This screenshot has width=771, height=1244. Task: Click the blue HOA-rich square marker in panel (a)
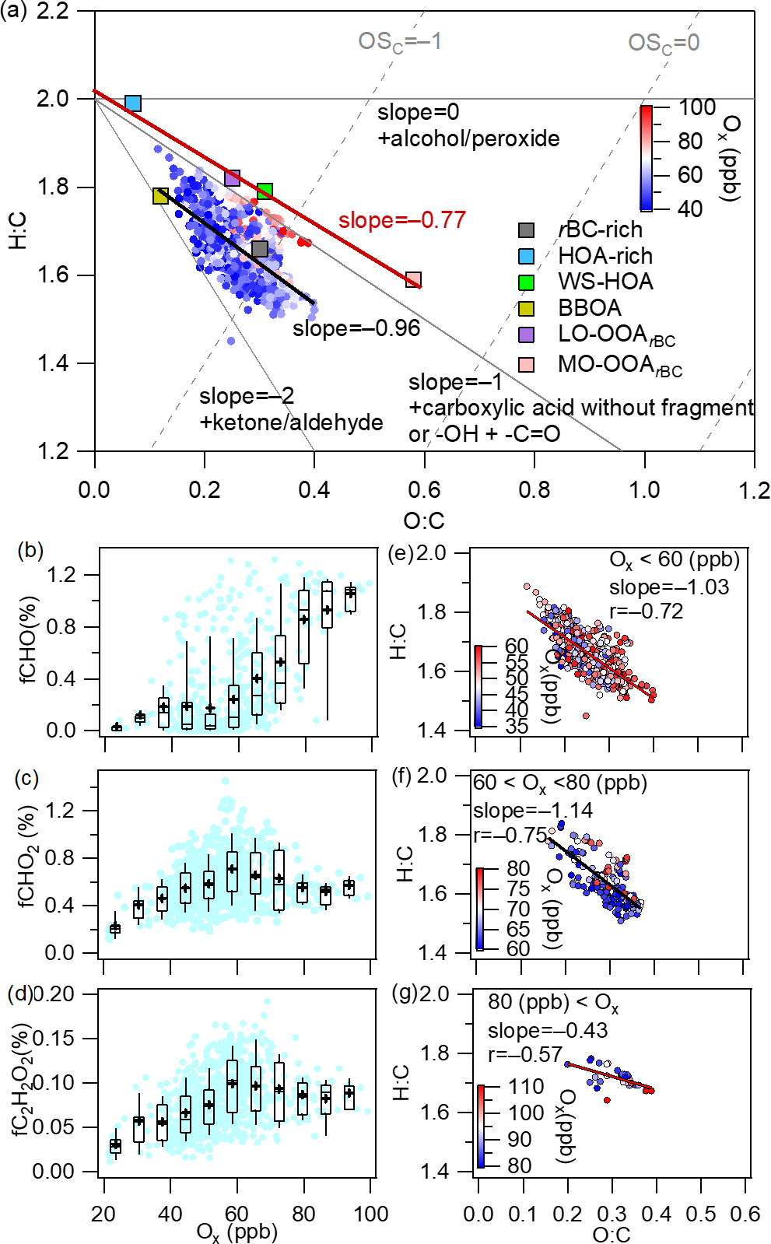tap(133, 103)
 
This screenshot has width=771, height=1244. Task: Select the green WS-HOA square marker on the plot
tap(265, 191)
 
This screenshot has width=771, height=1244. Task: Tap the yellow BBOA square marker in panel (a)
tap(160, 195)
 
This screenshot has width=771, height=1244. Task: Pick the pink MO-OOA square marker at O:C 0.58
tap(413, 279)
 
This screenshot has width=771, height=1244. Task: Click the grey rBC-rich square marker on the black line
tap(260, 249)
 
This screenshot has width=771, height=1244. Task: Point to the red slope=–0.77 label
tap(401, 220)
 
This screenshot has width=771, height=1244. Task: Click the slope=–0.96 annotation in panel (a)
tap(356, 328)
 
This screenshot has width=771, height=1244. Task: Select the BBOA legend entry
tap(589, 308)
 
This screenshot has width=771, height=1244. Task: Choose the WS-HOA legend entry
tap(605, 282)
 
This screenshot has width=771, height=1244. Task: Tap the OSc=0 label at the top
tap(664, 43)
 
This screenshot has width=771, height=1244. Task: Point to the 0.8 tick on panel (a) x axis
tap(534, 490)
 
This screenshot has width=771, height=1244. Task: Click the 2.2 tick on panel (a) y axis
tap(53, 12)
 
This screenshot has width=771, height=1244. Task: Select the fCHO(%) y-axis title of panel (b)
tap(29, 640)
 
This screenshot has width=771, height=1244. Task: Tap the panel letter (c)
tap(28, 778)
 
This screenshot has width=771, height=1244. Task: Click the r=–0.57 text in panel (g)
tap(524, 1054)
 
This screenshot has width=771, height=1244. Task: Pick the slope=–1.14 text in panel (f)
tap(533, 810)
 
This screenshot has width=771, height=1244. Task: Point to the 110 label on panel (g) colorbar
tap(526, 1086)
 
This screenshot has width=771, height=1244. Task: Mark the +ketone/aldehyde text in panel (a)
tap(292, 422)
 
